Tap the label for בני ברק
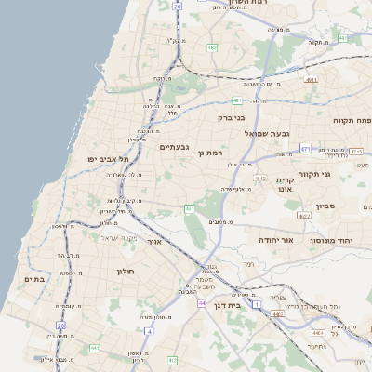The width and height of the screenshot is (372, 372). [x=231, y=118]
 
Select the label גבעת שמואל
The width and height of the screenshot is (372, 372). [x=262, y=134]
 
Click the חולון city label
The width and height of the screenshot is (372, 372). [x=126, y=271]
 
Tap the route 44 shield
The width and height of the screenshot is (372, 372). [x=202, y=303]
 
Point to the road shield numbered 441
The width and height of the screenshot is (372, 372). [x=189, y=209]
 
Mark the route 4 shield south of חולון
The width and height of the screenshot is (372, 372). [x=149, y=330]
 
